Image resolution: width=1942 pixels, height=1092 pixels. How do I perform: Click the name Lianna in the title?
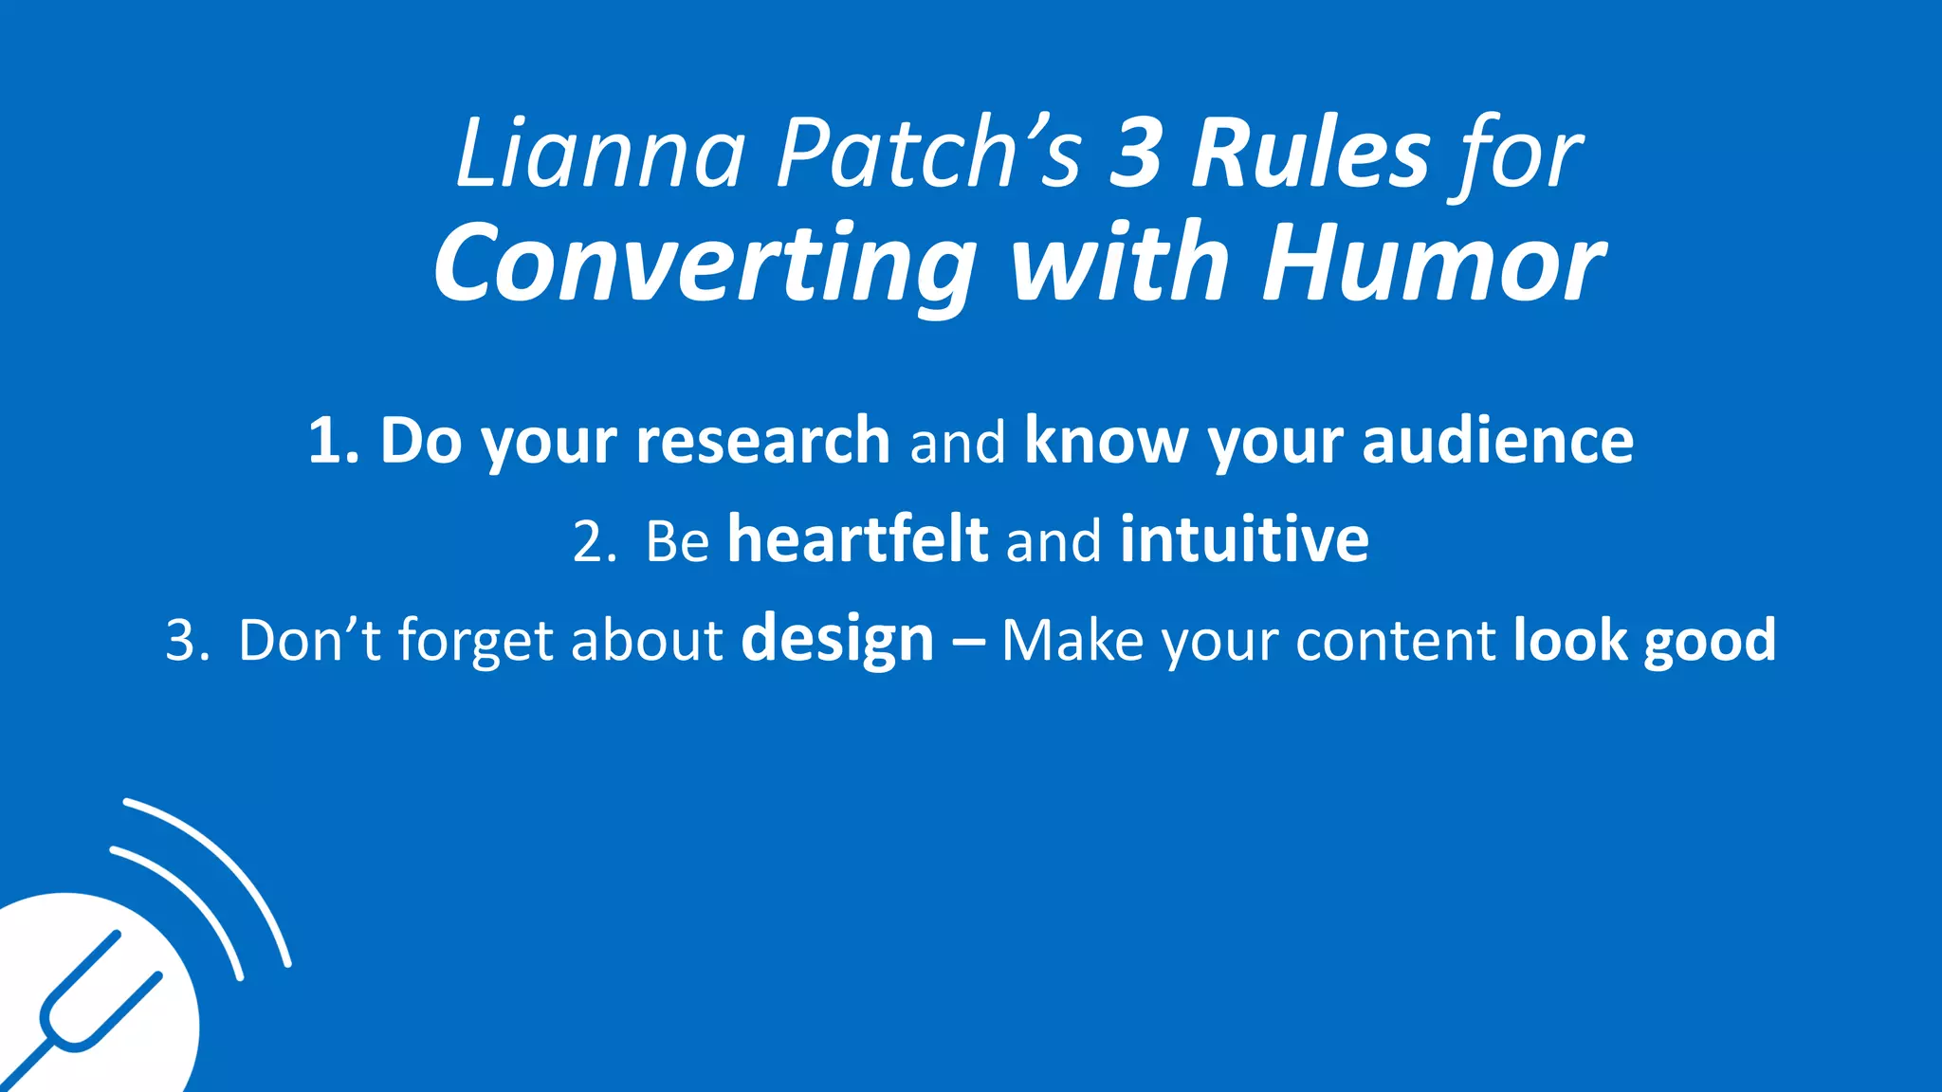pos(599,154)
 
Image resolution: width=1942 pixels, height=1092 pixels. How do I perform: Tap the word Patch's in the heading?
pos(928,154)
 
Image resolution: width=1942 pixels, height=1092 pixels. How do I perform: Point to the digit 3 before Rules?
pos(1136,154)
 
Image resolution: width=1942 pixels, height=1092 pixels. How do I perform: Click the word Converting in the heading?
pos(705,264)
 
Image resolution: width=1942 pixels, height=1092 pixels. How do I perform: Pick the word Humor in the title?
pos(1433,264)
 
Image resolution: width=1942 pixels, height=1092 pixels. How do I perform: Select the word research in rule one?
pos(762,441)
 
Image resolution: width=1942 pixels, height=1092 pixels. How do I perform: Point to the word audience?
pos(1497,441)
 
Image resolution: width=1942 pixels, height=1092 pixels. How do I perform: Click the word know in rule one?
pos(1106,441)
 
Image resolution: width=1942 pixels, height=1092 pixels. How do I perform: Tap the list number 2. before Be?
pos(595,541)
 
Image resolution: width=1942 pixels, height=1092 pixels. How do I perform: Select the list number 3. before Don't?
pos(187,641)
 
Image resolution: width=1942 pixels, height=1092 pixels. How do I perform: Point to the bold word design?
pos(837,641)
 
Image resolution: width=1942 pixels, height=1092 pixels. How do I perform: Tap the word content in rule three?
pos(1395,641)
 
